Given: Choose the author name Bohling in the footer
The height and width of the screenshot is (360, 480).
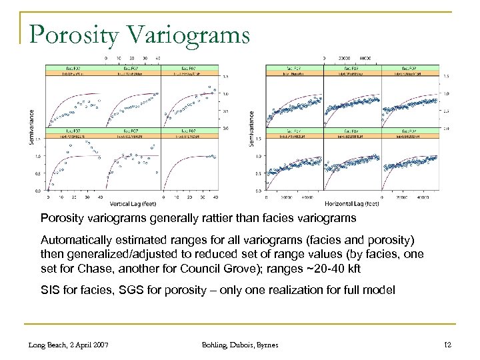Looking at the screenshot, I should (x=217, y=345).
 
